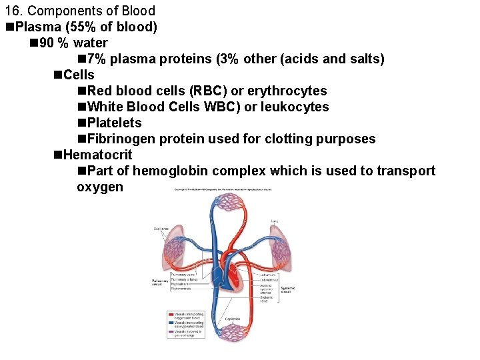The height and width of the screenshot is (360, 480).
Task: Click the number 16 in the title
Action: [11, 11]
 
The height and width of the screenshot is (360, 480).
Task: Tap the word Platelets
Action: [114, 123]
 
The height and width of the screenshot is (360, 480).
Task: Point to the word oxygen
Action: [100, 187]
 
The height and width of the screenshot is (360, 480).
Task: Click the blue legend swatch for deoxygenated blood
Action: [171, 325]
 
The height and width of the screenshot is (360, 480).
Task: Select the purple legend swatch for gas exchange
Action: [171, 334]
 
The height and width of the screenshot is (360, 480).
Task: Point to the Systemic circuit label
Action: [286, 289]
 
